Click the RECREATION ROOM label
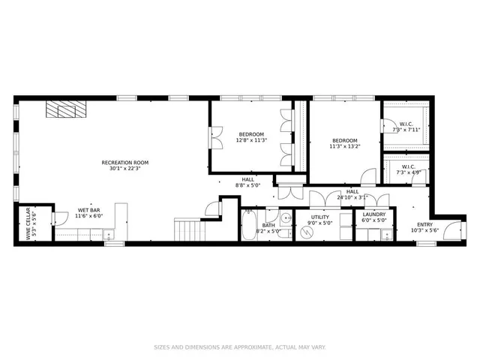pyautogui.click(x=125, y=163)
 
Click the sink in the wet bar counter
pyautogui.click(x=112, y=235)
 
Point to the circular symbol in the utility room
pyautogui.click(x=305, y=233)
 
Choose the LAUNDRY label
pyautogui.click(x=373, y=214)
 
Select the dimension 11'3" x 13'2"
pyautogui.click(x=345, y=147)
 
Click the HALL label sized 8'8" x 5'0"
pyautogui.click(x=247, y=185)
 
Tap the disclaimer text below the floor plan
pyautogui.click(x=239, y=347)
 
